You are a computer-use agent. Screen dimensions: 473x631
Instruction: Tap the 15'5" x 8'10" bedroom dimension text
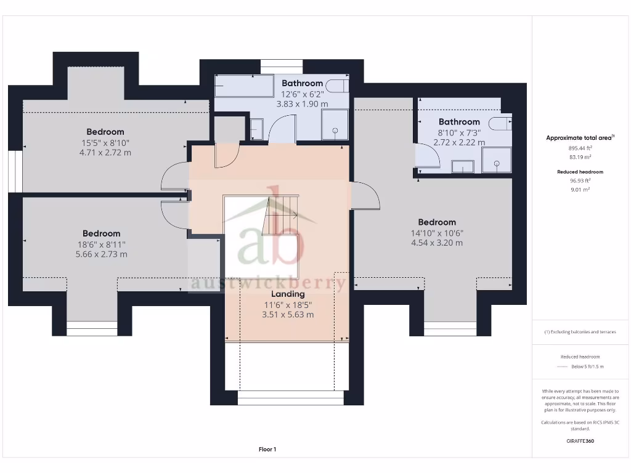click(105, 142)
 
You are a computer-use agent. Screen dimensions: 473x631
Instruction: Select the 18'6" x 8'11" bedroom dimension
click(102, 244)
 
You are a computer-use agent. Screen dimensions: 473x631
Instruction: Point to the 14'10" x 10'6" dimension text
click(437, 233)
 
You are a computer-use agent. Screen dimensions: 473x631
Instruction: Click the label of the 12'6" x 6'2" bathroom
click(302, 83)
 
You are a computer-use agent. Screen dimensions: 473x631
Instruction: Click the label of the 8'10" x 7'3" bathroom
click(459, 122)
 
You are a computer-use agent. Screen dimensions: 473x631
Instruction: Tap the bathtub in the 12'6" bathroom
click(243, 86)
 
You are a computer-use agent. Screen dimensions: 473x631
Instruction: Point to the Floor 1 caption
click(267, 450)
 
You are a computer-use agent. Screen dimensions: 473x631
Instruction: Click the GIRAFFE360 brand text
click(580, 441)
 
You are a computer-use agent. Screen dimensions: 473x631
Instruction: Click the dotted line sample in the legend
click(561, 366)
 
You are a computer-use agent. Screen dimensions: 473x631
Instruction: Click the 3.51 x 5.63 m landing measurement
click(288, 315)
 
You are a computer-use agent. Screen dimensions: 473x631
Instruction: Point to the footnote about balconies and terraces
click(580, 332)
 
